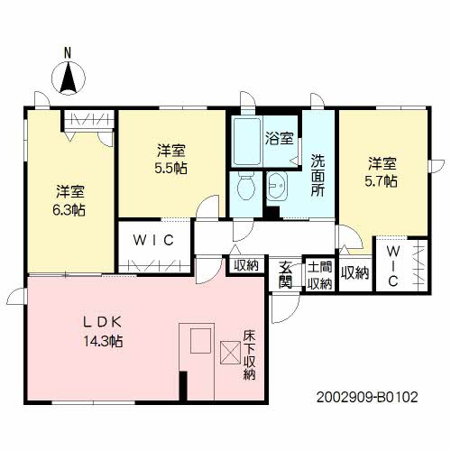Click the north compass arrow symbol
pos(69,78)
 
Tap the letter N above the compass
pos(68,53)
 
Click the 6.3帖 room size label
pos(69,210)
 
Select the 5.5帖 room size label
pos(171,169)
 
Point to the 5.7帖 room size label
pos(382,181)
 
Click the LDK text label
pos(103,322)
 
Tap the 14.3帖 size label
pos(103,341)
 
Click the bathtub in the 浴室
pos(247,141)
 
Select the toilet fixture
pos(246,187)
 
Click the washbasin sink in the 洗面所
pos(277,187)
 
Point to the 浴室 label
pos(280,139)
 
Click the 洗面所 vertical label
pos(318,176)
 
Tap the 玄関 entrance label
pos(285,274)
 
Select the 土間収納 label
pos(319,275)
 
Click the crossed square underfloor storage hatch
pos(230,353)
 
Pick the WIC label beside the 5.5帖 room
pos(153,240)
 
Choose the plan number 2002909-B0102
pos(367,397)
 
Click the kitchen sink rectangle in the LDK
pos(201,341)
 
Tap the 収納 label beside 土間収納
pos(354,273)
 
